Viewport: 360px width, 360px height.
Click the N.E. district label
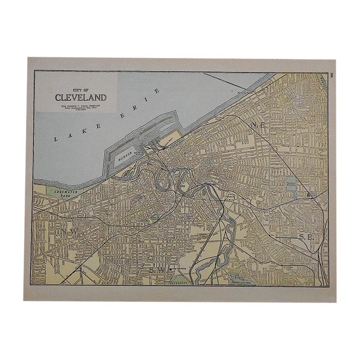(x=259, y=124)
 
